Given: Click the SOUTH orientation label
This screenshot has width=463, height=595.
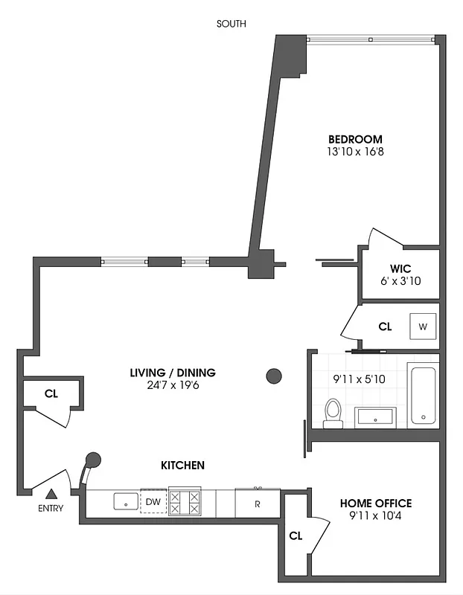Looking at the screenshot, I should pyautogui.click(x=231, y=24).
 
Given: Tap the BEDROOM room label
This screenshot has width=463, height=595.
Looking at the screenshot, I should pyautogui.click(x=355, y=139).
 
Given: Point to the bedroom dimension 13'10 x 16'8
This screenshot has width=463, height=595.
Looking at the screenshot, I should pyautogui.click(x=355, y=152).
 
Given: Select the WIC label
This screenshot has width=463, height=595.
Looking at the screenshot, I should pyautogui.click(x=400, y=268).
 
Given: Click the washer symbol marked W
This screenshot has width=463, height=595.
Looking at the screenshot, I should pyautogui.click(x=423, y=327).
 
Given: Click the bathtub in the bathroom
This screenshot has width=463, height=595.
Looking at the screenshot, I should pyautogui.click(x=422, y=395).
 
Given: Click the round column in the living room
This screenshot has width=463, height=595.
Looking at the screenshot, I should pyautogui.click(x=274, y=376).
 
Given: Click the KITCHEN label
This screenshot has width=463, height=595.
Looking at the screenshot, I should pyautogui.click(x=182, y=466).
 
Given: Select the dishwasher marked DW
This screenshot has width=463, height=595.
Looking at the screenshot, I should pyautogui.click(x=153, y=502).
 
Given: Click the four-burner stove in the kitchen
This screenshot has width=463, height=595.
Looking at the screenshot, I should pyautogui.click(x=185, y=501).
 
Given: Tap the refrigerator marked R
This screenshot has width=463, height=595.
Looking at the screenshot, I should pyautogui.click(x=257, y=503).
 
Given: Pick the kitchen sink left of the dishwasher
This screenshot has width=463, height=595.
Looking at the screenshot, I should pyautogui.click(x=125, y=502).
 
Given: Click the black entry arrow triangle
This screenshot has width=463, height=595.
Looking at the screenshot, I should pyautogui.click(x=51, y=493).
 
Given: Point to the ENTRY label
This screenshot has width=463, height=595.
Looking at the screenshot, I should pyautogui.click(x=51, y=509).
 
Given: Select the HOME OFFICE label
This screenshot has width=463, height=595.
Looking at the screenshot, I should pyautogui.click(x=375, y=504).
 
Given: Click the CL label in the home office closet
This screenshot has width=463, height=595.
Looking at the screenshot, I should pyautogui.click(x=296, y=535).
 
